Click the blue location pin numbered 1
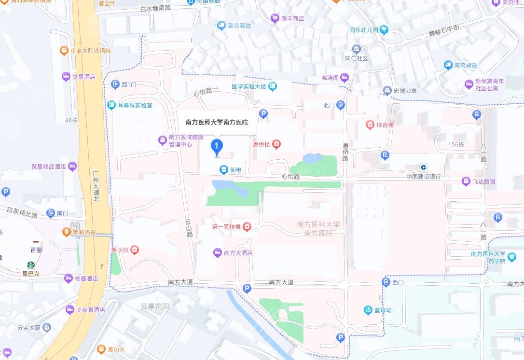tap(217, 146)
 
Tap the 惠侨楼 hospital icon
tap(276, 144)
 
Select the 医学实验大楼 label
tap(249, 86)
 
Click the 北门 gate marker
tap(341, 105)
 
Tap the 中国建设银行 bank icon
tap(423, 167)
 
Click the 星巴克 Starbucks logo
tap(31, 265)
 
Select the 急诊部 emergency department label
tap(119, 249)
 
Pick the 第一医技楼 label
tap(226, 227)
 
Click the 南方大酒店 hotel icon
tap(218, 252)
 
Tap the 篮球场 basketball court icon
tap(368, 310)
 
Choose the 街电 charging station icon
tap(223, 169)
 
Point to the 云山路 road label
tap(188, 227)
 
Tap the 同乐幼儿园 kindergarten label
tap(363, 30)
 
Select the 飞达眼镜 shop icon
tap(466, 181)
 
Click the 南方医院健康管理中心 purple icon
tap(163, 140)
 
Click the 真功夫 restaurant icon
tap(101, 349)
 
